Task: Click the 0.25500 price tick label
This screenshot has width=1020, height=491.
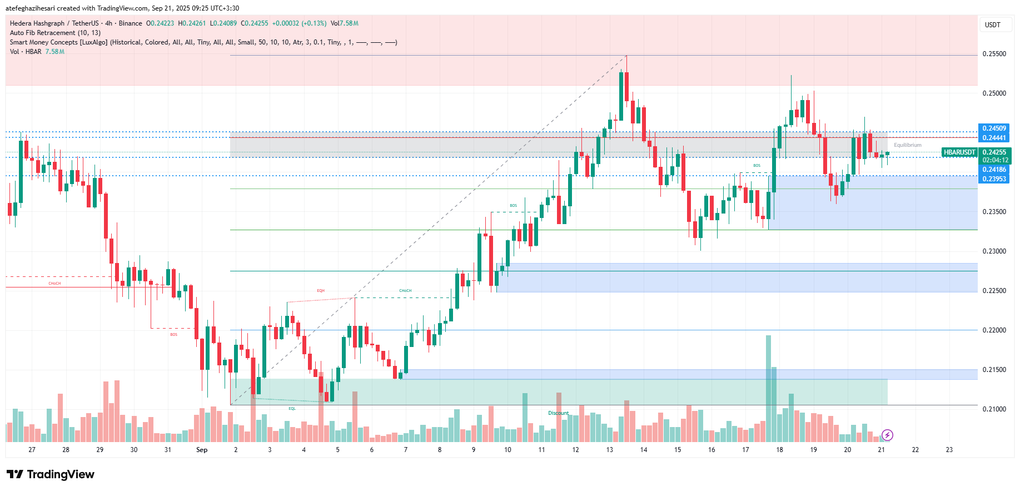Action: coord(994,54)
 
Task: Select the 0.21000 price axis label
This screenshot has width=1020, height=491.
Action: coord(994,409)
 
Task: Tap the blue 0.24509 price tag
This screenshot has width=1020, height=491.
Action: coord(994,128)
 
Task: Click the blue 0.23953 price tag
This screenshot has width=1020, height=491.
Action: coord(994,179)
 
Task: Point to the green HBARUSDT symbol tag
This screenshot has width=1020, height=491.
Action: coord(959,152)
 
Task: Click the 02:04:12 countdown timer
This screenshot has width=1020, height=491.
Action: coord(995,160)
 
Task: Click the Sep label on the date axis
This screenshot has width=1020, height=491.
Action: coord(202,450)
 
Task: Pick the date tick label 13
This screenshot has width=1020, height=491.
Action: coord(609,450)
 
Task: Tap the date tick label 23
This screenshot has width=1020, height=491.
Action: coord(949,450)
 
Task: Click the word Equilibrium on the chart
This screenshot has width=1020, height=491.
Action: coord(907,145)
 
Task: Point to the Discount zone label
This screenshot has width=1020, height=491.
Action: coord(558,413)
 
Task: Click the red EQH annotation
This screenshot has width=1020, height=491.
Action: coord(321,291)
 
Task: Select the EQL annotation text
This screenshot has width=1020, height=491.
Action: coord(292,409)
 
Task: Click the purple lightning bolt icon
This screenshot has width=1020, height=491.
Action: coord(887,435)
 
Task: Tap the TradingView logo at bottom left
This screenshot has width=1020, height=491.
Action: coord(51,474)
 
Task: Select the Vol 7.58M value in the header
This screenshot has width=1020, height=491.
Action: coord(344,23)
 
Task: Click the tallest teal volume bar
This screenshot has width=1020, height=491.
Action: coord(768,389)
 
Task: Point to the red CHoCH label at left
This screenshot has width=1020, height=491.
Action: coord(54,284)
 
